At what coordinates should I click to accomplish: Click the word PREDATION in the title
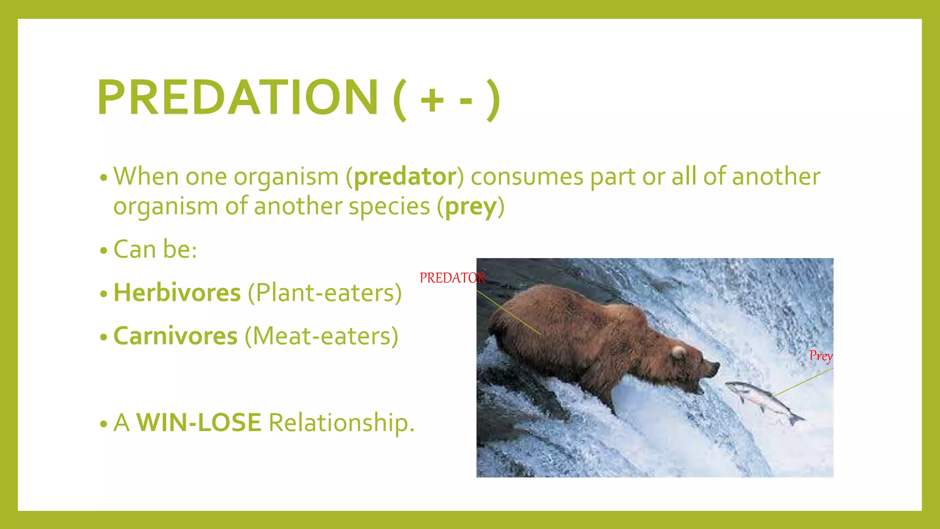coord(238,97)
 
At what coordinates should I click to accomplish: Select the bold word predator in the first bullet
coord(405,177)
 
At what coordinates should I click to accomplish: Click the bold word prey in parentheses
coord(471,207)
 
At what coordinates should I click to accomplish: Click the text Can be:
coord(155,250)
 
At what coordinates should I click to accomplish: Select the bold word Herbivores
coord(177,293)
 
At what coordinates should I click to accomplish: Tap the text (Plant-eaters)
coord(325,293)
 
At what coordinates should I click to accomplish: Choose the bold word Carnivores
coord(175,336)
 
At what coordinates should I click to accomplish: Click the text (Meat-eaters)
coord(321,336)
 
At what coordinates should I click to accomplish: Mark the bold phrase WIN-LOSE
coord(199,422)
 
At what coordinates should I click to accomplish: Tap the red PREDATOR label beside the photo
coord(452,278)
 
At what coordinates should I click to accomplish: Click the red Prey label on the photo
coord(821,356)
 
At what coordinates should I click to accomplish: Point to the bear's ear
coord(678,352)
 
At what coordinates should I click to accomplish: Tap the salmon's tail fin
coord(796,419)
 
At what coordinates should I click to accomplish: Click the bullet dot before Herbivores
coord(104,294)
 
